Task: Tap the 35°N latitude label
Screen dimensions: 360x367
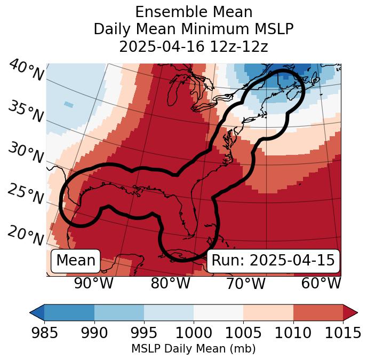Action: (x=26, y=111)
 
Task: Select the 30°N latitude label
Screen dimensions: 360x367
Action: (x=26, y=153)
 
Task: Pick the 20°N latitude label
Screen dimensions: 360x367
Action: (x=26, y=235)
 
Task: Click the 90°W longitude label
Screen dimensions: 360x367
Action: (x=94, y=284)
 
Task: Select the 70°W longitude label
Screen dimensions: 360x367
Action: (x=245, y=284)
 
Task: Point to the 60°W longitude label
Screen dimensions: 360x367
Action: (x=321, y=284)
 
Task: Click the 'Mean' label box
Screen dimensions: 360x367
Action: (x=76, y=261)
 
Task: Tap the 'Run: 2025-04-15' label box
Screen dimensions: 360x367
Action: (x=273, y=261)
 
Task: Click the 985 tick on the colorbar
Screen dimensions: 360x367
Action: (x=44, y=320)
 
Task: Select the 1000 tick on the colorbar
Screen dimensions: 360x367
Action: (x=194, y=320)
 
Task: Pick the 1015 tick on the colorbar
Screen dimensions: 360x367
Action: (x=343, y=320)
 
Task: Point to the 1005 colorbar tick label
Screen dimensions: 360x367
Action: (x=243, y=333)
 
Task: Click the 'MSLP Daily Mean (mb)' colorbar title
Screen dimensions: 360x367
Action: (x=193, y=349)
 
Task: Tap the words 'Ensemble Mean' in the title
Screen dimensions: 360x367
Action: (x=193, y=12)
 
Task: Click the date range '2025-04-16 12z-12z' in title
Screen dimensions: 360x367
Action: (x=193, y=46)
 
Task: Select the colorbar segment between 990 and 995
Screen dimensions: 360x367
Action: (x=119, y=312)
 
